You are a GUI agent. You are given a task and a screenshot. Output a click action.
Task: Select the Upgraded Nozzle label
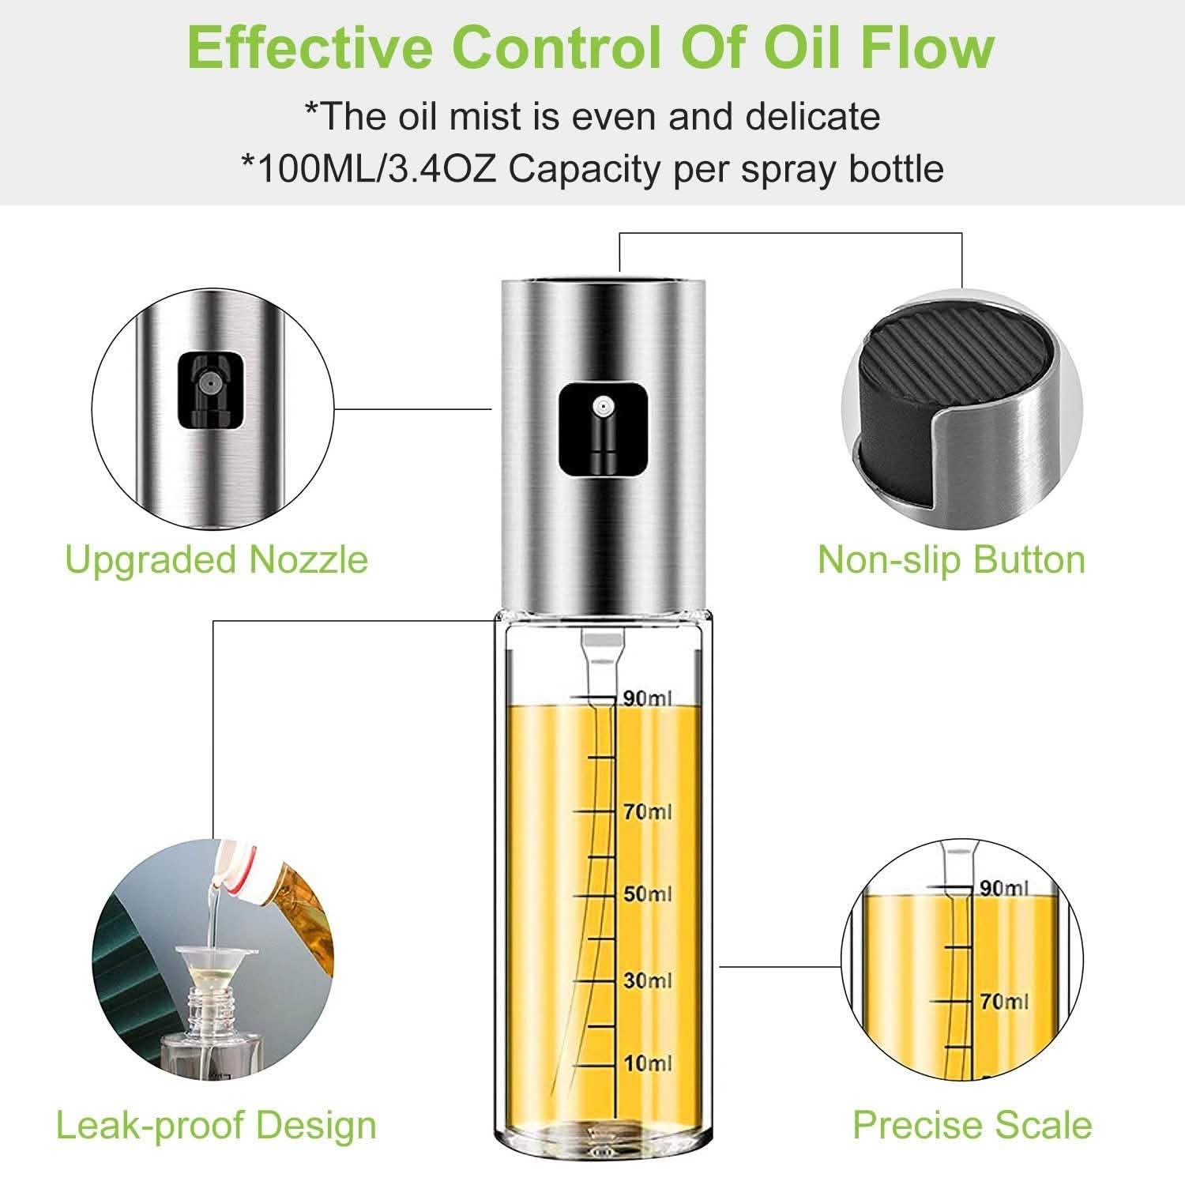pyautogui.click(x=216, y=560)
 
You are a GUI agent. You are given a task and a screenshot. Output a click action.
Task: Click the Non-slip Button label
pyautogui.click(x=951, y=560)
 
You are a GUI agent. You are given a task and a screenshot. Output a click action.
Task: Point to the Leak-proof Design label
pyautogui.click(x=216, y=1126)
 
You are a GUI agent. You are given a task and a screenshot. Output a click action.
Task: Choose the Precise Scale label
pyautogui.click(x=972, y=1125)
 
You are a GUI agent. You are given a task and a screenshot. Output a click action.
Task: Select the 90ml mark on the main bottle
pyautogui.click(x=646, y=698)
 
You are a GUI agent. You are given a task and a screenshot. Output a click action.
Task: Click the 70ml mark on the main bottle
pyautogui.click(x=647, y=811)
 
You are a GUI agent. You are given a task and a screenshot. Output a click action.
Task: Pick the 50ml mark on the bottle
pyautogui.click(x=647, y=894)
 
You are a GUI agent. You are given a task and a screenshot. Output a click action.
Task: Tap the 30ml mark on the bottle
pyautogui.click(x=647, y=980)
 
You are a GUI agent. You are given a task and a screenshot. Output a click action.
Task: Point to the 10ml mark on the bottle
pyautogui.click(x=647, y=1063)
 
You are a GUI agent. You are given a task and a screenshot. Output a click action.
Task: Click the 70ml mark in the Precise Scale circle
pyautogui.click(x=1003, y=1002)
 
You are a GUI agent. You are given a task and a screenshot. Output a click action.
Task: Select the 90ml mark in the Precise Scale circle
pyautogui.click(x=1003, y=888)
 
